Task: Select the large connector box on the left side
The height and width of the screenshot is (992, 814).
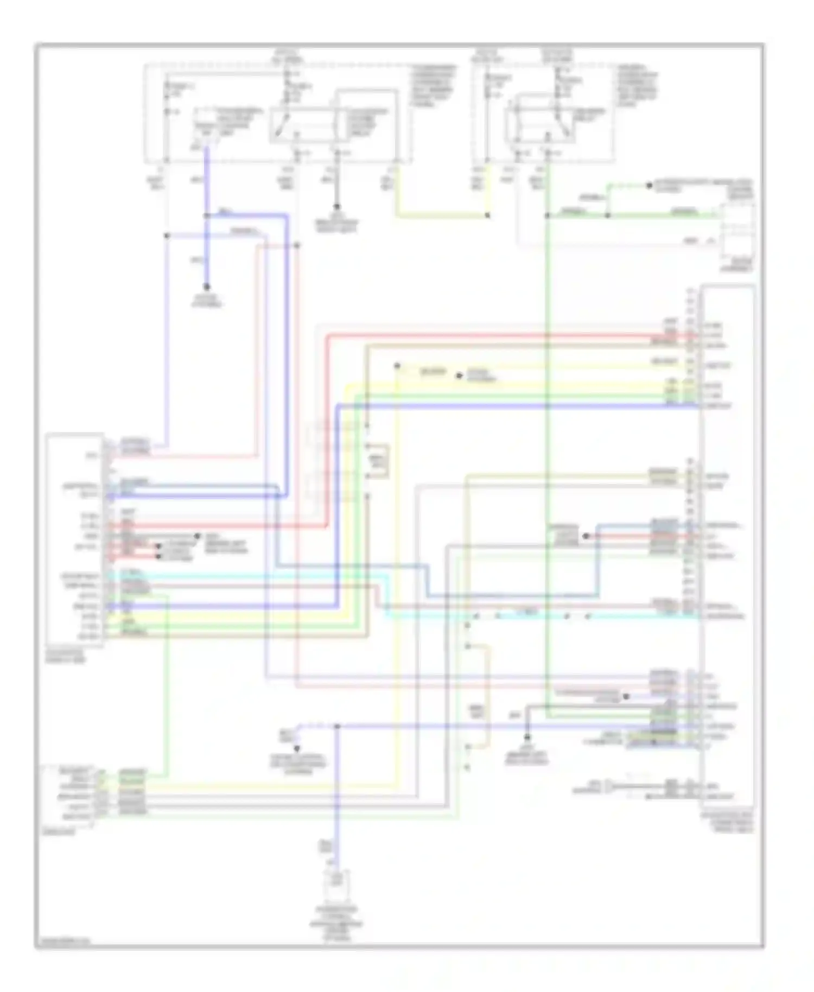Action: click(x=75, y=540)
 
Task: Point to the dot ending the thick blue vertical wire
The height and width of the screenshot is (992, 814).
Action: click(x=207, y=287)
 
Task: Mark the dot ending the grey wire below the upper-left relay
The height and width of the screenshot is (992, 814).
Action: click(x=336, y=207)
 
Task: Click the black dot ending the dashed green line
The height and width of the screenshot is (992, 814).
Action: click(x=648, y=186)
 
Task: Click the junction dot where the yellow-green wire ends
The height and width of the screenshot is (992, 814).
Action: click(x=487, y=215)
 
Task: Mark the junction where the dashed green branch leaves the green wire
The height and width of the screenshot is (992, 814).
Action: click(x=608, y=215)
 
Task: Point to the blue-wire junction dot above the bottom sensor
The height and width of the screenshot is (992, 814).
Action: click(x=336, y=726)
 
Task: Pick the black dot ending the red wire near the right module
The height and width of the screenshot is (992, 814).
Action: click(x=586, y=536)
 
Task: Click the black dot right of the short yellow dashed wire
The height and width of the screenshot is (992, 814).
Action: click(x=459, y=375)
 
